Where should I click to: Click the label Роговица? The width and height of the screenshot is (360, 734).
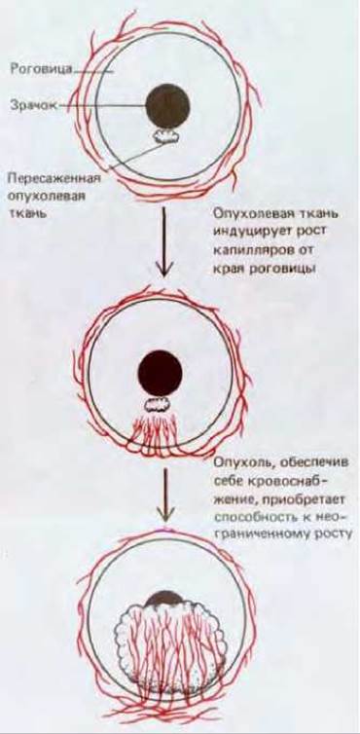click(40, 69)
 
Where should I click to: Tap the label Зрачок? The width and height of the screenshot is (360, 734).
click(33, 105)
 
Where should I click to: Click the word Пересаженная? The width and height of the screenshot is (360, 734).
click(54, 179)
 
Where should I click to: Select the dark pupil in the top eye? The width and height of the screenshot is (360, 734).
click(167, 106)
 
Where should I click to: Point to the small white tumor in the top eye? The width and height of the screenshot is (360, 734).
click(166, 135)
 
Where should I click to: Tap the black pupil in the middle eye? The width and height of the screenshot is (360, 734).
click(160, 373)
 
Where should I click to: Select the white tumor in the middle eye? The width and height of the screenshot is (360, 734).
click(161, 405)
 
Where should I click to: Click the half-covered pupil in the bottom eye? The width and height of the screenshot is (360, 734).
click(161, 602)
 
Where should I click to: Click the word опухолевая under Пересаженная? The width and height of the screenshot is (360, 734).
click(47, 197)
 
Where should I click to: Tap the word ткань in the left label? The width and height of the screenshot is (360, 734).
click(26, 214)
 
